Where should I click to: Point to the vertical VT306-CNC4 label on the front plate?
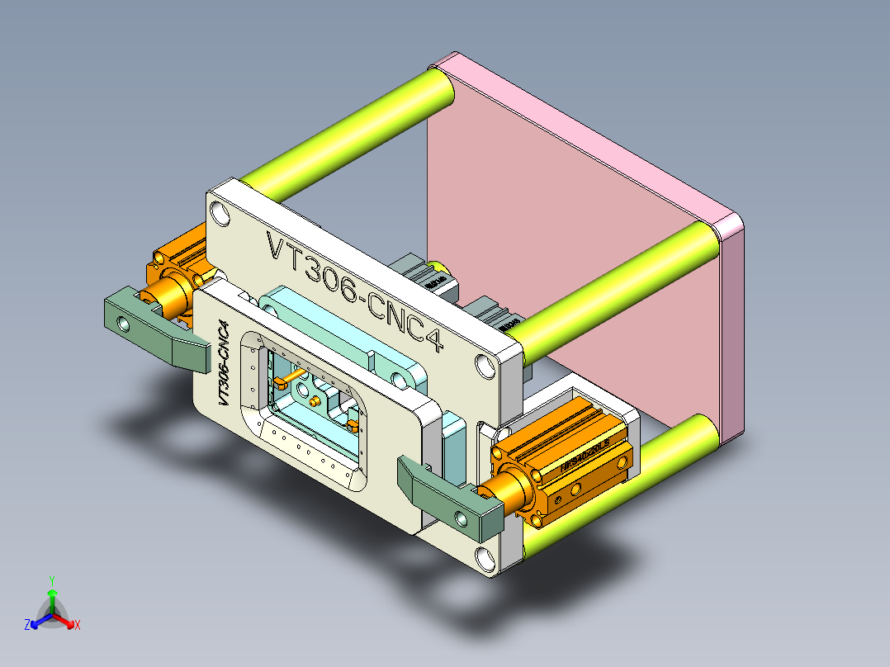[222, 362]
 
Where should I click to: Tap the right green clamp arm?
[446, 494]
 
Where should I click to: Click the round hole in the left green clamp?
[124, 324]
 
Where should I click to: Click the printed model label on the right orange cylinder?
[585, 456]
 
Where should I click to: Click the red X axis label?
[78, 625]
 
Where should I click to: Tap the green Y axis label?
[51, 580]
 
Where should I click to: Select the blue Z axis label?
[27, 625]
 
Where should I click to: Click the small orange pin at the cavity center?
[315, 400]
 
